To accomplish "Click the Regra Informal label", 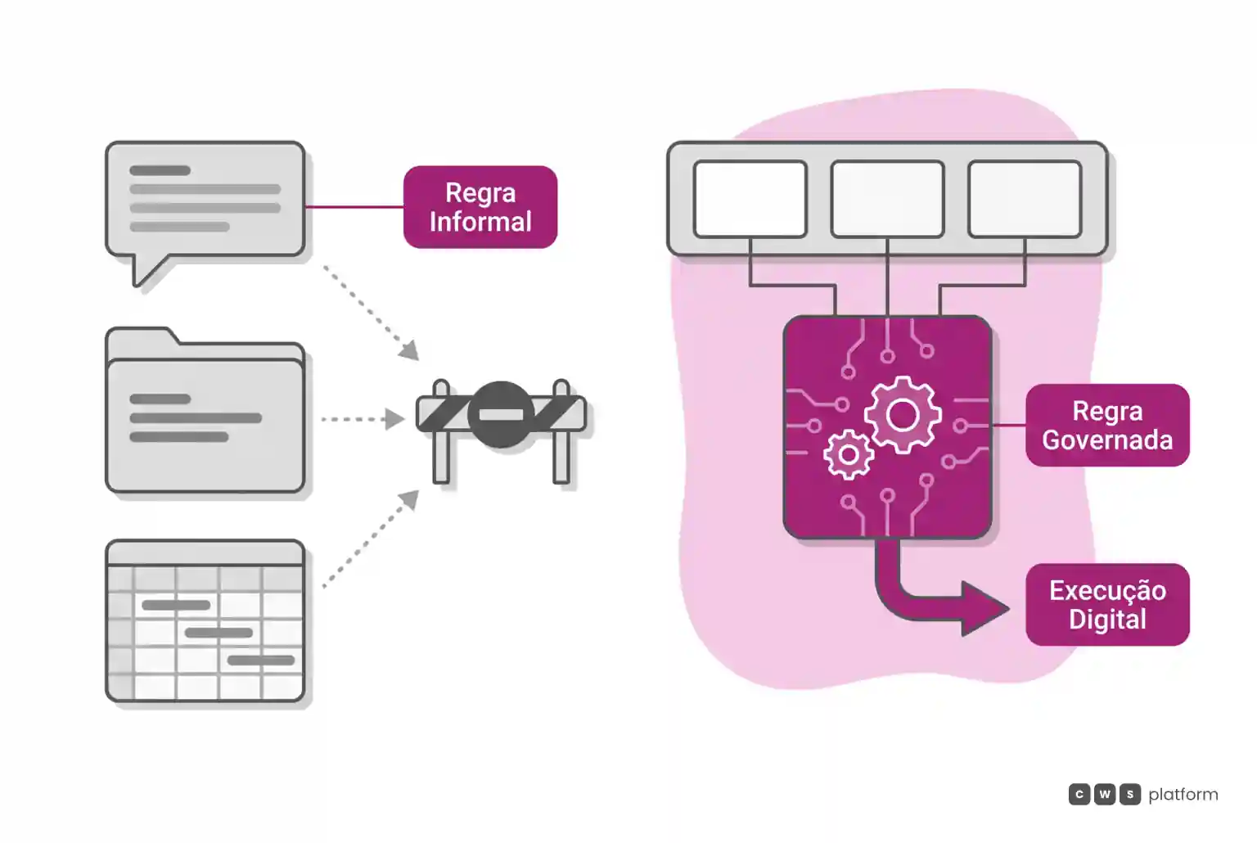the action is click(480, 206).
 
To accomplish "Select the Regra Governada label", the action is click(1107, 425).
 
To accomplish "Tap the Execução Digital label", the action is click(1107, 605).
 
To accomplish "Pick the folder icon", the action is click(205, 411).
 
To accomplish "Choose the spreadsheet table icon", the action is click(205, 620).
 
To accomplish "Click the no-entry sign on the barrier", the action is click(501, 415).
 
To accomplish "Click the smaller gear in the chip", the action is click(848, 454).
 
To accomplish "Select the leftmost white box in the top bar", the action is click(750, 199).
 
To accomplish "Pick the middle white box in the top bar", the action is click(887, 199).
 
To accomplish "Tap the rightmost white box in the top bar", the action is click(1025, 199).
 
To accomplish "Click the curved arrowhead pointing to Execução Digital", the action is click(983, 609).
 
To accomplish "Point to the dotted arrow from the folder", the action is click(363, 419).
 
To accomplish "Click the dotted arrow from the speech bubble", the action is click(371, 313).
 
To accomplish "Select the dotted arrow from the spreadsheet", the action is click(371, 539).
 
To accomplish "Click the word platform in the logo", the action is click(1183, 795).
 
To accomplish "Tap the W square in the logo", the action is click(1104, 794).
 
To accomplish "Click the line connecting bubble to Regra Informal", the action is click(354, 206).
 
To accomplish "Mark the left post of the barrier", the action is click(441, 431).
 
